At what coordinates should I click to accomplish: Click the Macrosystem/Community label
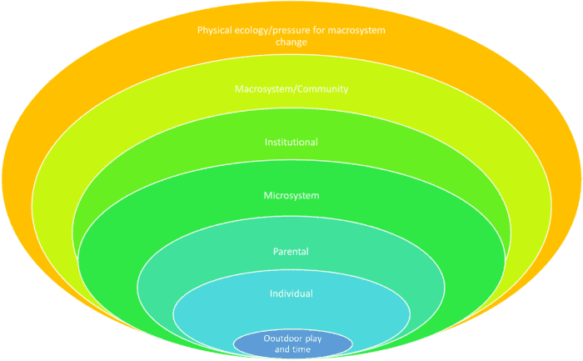(x=291, y=88)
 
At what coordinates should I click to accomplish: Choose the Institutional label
(x=291, y=142)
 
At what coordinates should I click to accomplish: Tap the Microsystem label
(x=291, y=196)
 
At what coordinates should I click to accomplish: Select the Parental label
(x=291, y=251)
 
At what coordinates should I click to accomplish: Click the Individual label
(x=291, y=293)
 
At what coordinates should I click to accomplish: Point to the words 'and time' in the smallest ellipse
(x=291, y=348)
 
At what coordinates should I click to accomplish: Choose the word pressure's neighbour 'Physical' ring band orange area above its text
(x=291, y=14)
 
